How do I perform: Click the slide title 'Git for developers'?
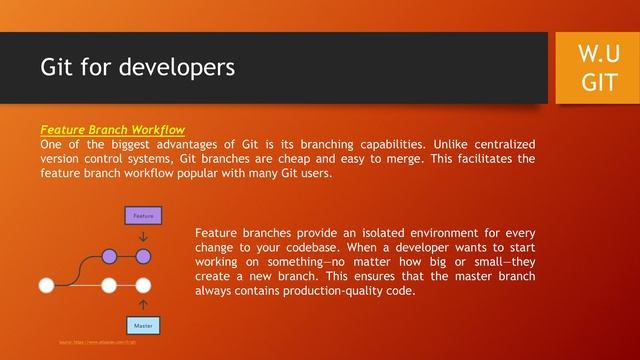click(137, 68)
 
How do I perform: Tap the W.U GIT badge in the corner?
click(599, 67)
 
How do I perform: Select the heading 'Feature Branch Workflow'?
click(112, 130)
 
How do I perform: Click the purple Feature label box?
click(143, 215)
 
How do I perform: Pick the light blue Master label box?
click(143, 326)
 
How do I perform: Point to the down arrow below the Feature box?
click(143, 237)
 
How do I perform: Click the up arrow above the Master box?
click(143, 304)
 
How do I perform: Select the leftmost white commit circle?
click(46, 285)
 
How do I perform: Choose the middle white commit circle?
click(109, 285)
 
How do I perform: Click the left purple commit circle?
click(109, 257)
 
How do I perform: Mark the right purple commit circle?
click(143, 257)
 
